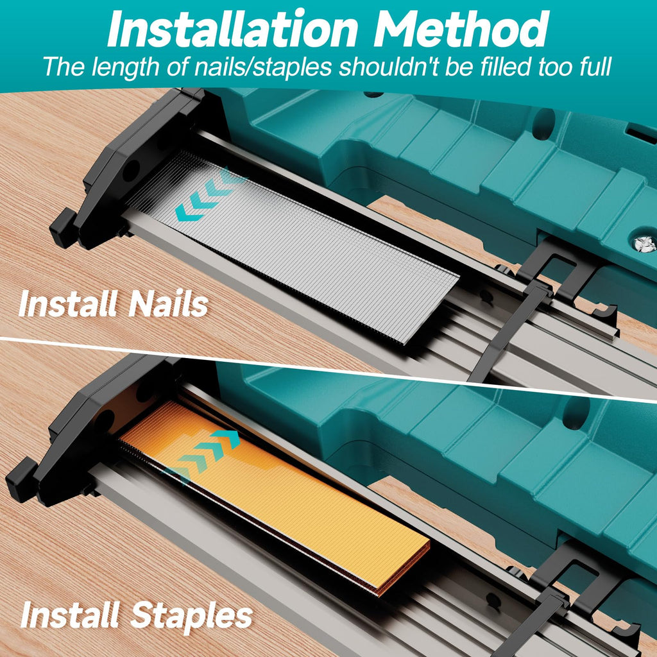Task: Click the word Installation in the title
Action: tap(232, 28)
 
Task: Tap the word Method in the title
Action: tap(461, 28)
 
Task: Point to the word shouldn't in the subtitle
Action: tap(388, 66)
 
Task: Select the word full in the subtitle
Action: tap(595, 66)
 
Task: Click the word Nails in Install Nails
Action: tap(168, 303)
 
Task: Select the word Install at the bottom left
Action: tap(69, 615)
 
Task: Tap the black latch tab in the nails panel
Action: tap(63, 228)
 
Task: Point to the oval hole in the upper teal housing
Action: tap(543, 124)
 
